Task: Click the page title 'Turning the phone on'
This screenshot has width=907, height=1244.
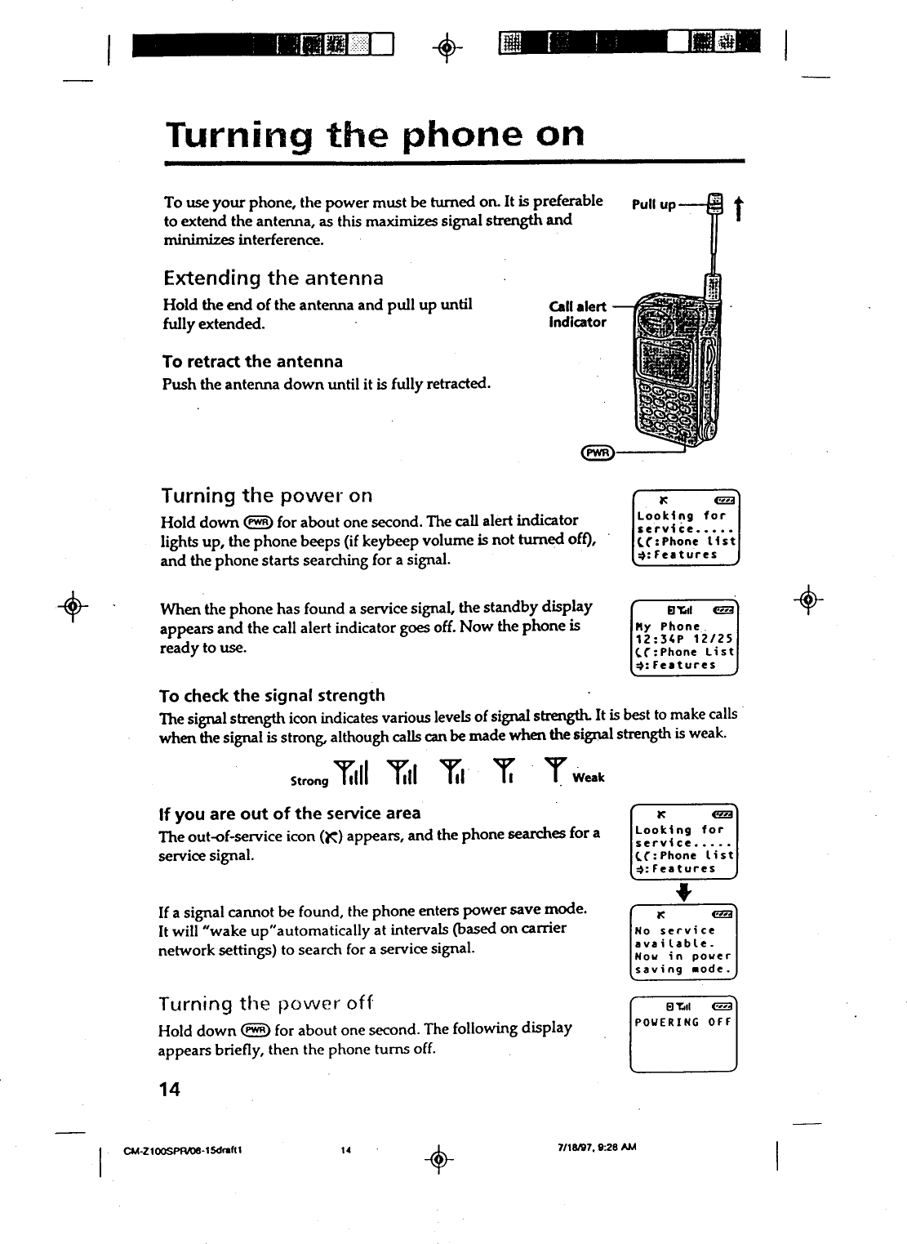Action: click(x=375, y=134)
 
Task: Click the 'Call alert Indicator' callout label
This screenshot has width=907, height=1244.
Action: click(x=578, y=314)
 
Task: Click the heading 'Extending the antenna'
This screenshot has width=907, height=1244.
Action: click(x=273, y=278)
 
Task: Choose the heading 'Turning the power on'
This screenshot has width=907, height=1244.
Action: click(x=266, y=495)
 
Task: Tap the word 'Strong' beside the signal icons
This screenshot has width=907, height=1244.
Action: click(x=309, y=781)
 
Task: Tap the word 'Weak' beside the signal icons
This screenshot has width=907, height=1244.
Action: click(x=588, y=777)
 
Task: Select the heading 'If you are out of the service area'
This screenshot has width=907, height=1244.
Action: click(x=289, y=813)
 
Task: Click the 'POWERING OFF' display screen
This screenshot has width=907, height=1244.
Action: click(x=684, y=1033)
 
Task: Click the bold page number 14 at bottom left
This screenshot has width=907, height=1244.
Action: click(x=169, y=1089)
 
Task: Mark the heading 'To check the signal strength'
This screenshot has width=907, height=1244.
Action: click(x=272, y=695)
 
